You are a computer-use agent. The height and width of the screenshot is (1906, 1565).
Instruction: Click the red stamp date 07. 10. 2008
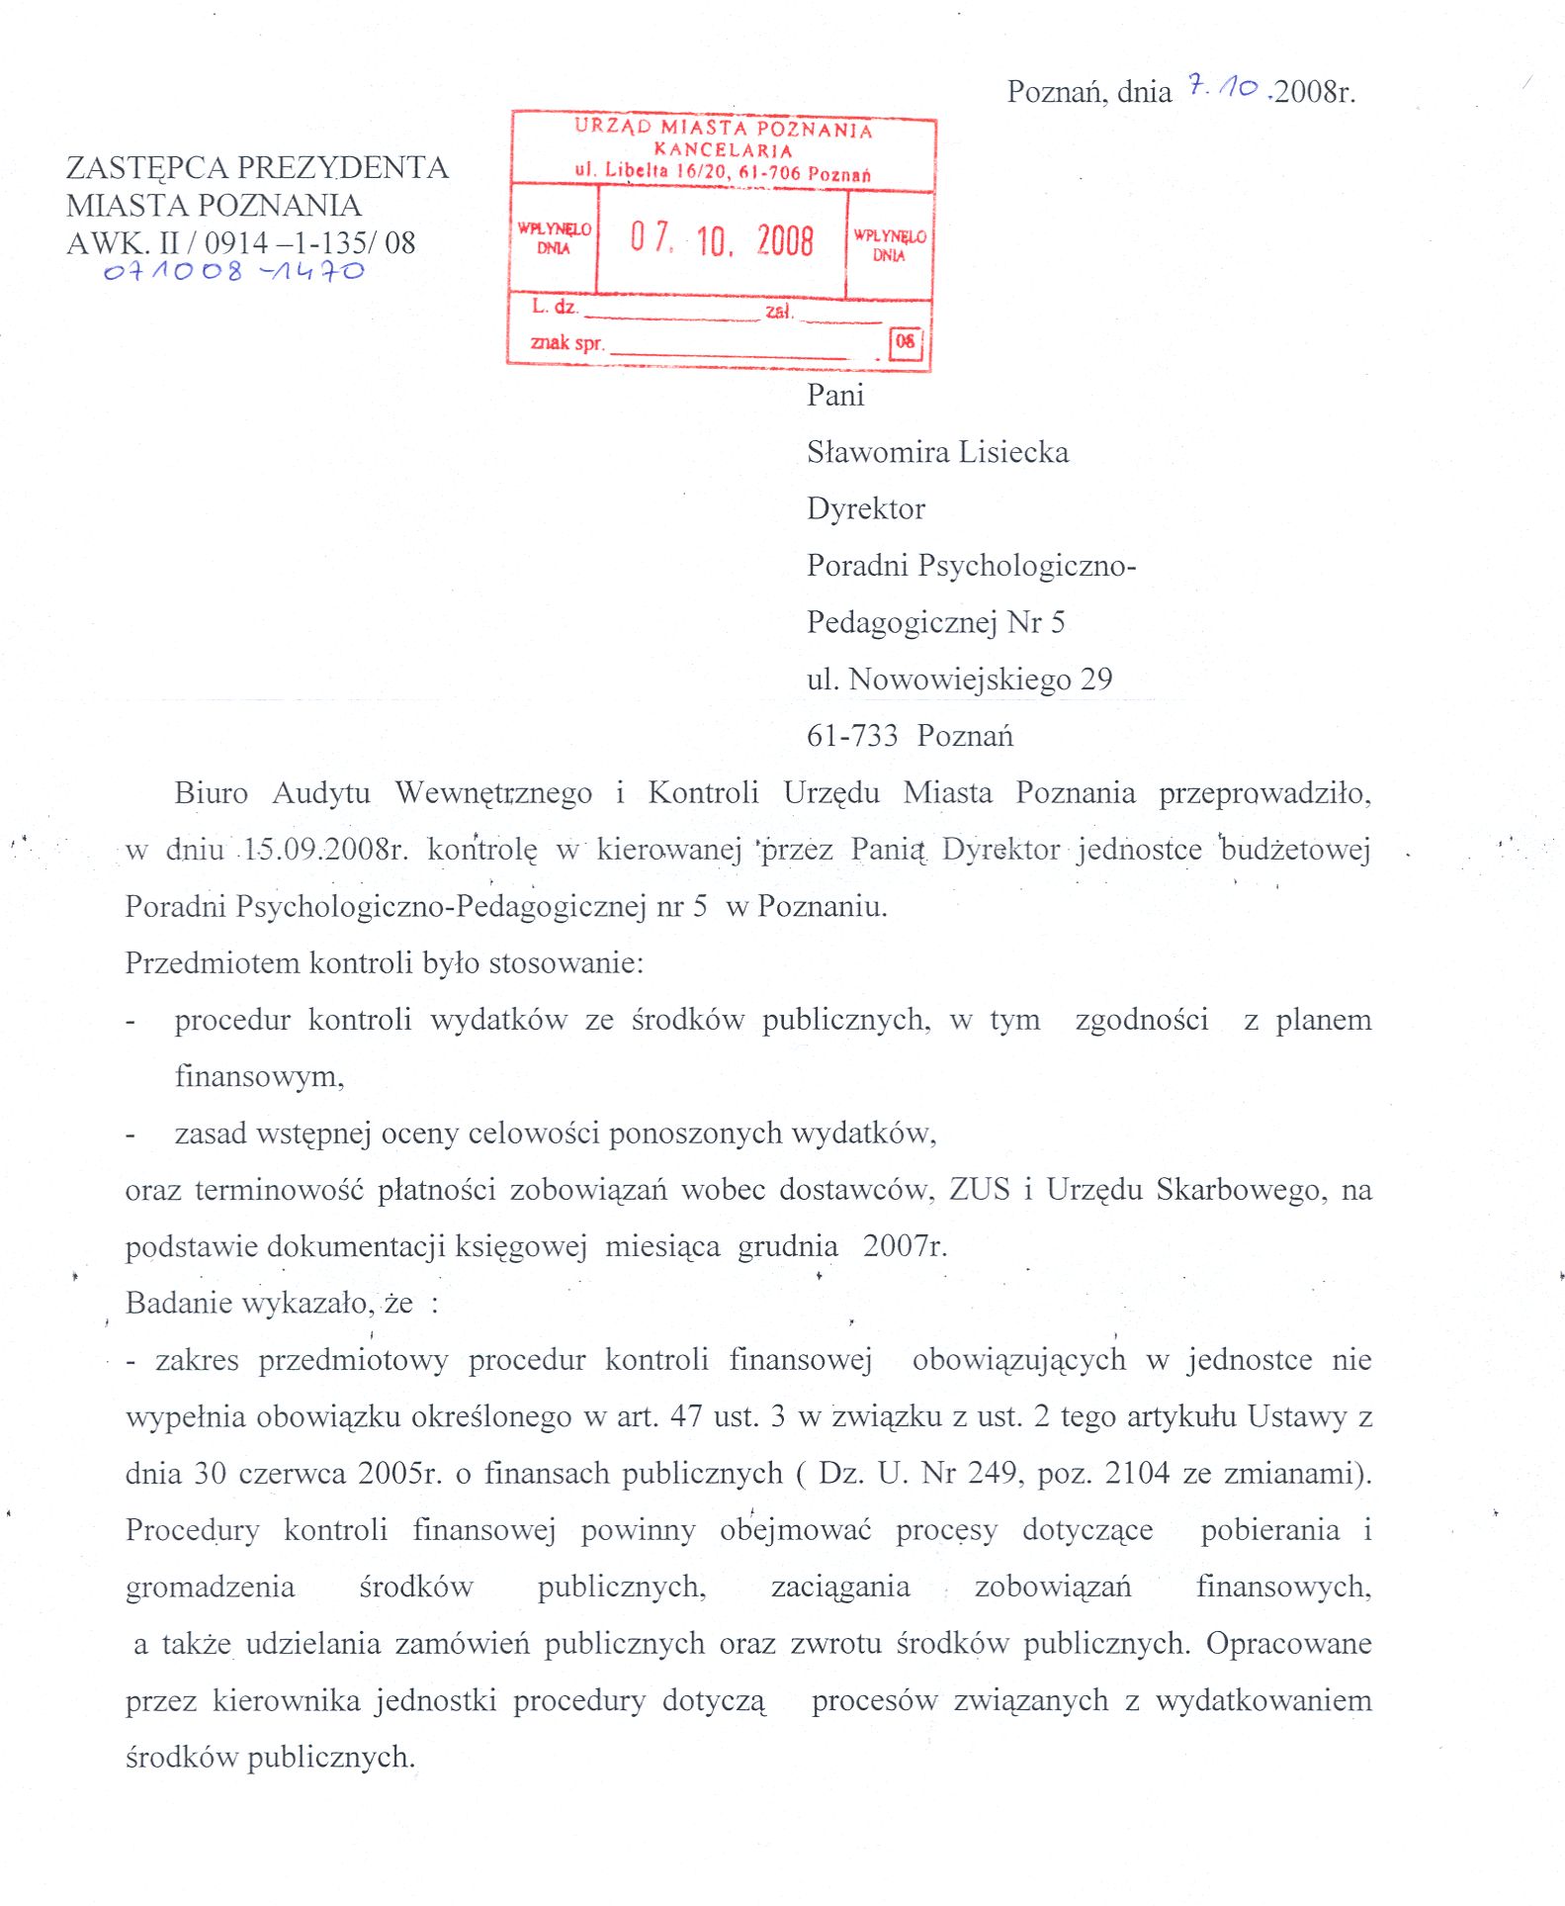(x=722, y=239)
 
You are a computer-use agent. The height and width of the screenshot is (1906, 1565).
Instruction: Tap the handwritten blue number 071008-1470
(x=234, y=271)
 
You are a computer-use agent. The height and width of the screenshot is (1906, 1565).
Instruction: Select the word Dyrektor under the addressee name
(x=866, y=508)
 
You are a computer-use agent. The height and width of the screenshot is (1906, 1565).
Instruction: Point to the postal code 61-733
(x=852, y=736)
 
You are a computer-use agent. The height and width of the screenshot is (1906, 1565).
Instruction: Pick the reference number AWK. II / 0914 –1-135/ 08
(x=241, y=242)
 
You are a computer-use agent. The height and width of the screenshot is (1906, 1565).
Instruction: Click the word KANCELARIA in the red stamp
(x=723, y=150)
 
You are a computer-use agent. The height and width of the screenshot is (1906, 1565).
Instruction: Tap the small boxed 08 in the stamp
(x=905, y=342)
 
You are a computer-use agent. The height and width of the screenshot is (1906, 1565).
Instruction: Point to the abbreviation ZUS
(x=980, y=1189)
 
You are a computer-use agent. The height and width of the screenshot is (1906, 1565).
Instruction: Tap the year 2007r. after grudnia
(x=905, y=1246)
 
